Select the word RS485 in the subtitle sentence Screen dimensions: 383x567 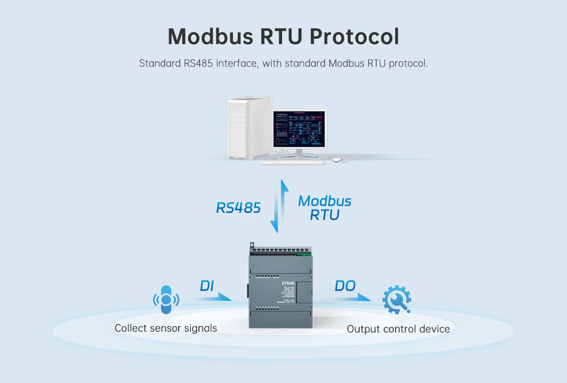tap(198, 63)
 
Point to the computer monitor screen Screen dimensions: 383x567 tap(299, 129)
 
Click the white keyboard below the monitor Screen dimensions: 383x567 tap(291, 162)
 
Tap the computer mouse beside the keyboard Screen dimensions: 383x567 tap(337, 160)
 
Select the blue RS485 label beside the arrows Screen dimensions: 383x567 tap(239, 208)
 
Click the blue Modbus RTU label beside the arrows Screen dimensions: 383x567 tap(325, 208)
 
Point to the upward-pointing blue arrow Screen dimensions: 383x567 tap(284, 198)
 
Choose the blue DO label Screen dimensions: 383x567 tap(345, 286)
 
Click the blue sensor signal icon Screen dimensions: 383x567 tap(165, 299)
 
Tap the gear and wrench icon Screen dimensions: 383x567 tap(396, 299)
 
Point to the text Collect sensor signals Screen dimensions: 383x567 tap(166, 328)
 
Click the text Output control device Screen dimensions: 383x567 tap(398, 329)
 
